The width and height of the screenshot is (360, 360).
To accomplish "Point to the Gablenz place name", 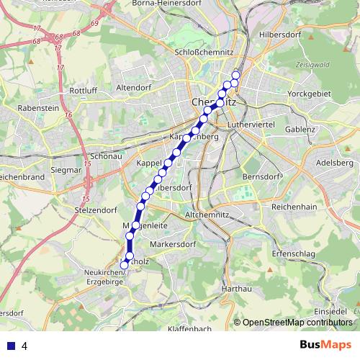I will point(300,130).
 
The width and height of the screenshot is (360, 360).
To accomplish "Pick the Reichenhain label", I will point(294,207).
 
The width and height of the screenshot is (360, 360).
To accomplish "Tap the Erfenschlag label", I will point(294,253).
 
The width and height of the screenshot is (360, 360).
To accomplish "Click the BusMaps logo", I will point(326,344).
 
